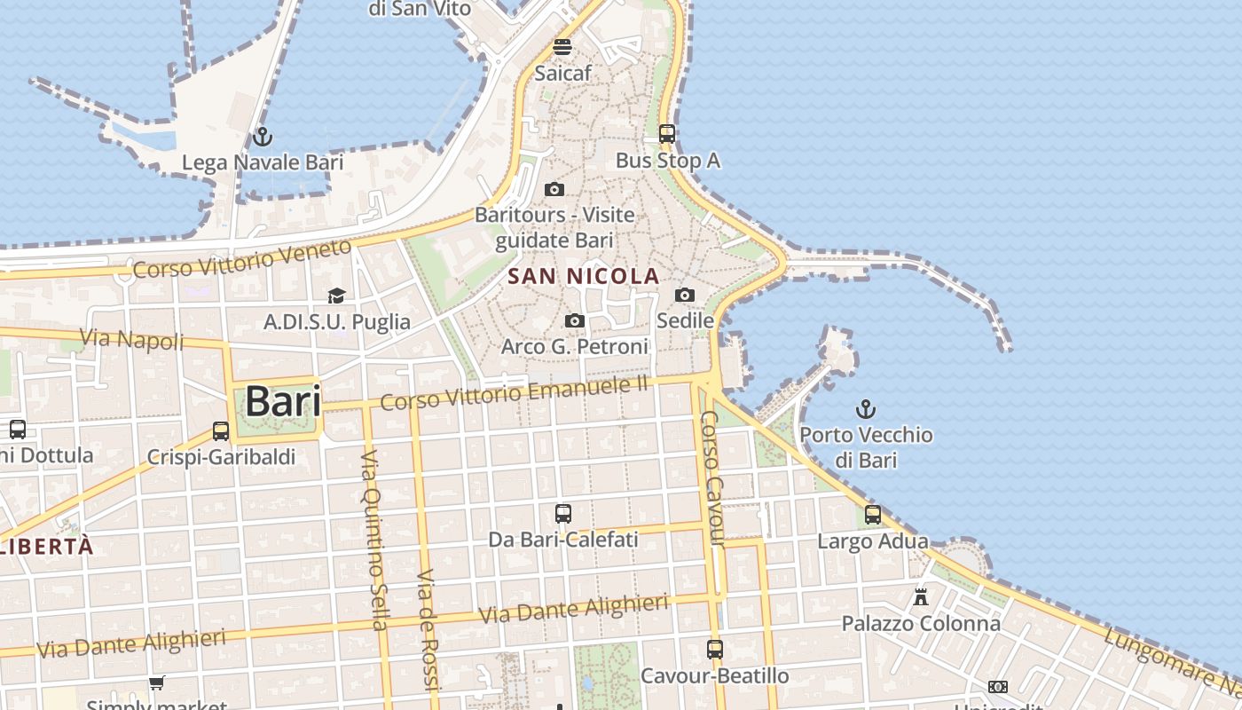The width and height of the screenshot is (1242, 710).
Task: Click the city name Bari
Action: point(283,401)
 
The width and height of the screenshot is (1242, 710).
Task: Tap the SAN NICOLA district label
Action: point(584,276)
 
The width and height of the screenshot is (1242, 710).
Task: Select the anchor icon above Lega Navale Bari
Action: point(262,137)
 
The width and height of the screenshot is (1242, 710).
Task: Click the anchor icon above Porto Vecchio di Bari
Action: point(865,409)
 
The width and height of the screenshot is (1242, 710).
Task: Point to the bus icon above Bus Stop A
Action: point(667,134)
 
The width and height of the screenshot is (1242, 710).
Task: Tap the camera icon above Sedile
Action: point(685,295)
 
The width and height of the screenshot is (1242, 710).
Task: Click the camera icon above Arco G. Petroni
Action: point(575,320)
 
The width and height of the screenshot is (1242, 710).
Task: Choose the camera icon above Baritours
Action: point(554,189)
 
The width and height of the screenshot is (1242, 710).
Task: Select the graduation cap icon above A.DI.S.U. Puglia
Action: point(336,296)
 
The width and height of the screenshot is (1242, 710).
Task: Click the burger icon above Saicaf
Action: point(562,47)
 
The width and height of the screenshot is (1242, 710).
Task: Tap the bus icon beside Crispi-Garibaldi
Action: point(221,431)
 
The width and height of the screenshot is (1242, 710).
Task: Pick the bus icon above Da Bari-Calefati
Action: point(563,513)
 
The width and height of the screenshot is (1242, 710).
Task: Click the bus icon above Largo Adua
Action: point(873,515)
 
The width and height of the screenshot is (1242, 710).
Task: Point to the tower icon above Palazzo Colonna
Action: point(921,596)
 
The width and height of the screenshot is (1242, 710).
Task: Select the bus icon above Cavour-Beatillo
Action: point(715,649)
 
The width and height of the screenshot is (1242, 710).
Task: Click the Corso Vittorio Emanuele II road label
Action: point(515,391)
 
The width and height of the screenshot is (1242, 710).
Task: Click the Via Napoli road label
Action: point(132,338)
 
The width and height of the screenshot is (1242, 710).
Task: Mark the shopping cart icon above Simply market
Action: point(157,682)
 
